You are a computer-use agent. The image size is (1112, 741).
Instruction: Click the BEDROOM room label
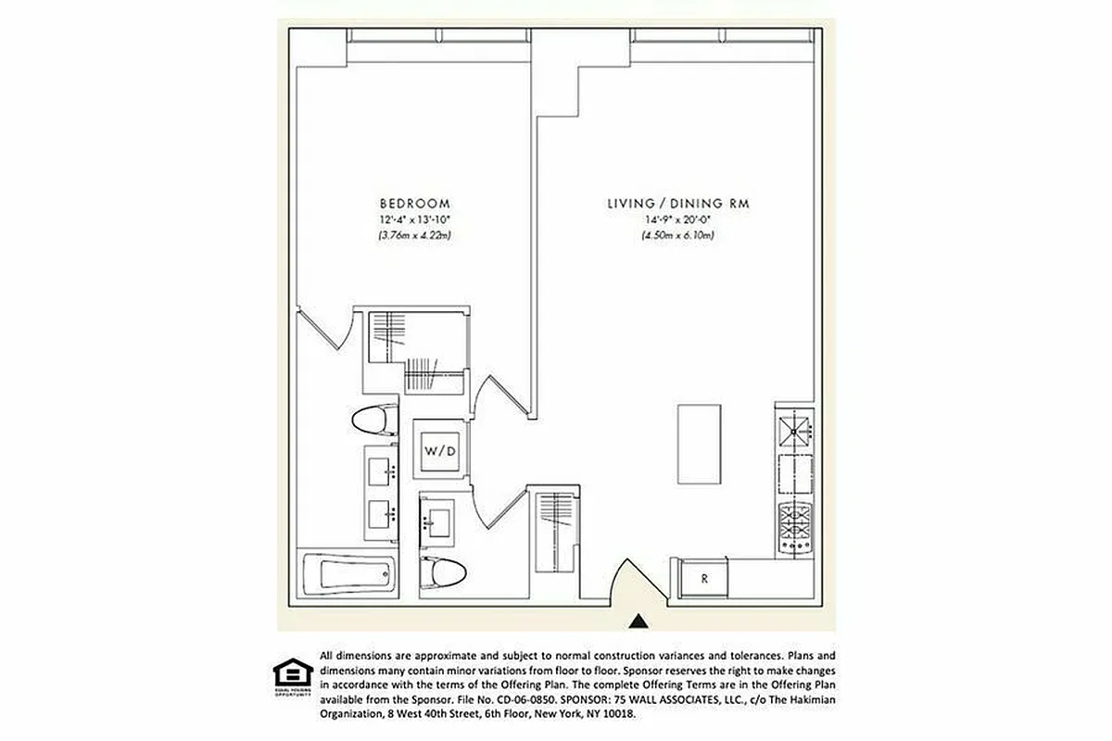pos(414,204)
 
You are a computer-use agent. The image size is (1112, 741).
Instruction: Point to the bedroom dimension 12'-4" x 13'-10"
pos(414,220)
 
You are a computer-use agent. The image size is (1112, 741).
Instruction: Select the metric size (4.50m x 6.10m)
pos(677,235)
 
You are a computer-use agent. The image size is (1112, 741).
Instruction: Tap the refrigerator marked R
pos(704,579)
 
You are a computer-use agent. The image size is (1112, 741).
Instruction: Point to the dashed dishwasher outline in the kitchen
pos(794,476)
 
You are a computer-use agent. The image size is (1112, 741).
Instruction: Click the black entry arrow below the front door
pos(638,621)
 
